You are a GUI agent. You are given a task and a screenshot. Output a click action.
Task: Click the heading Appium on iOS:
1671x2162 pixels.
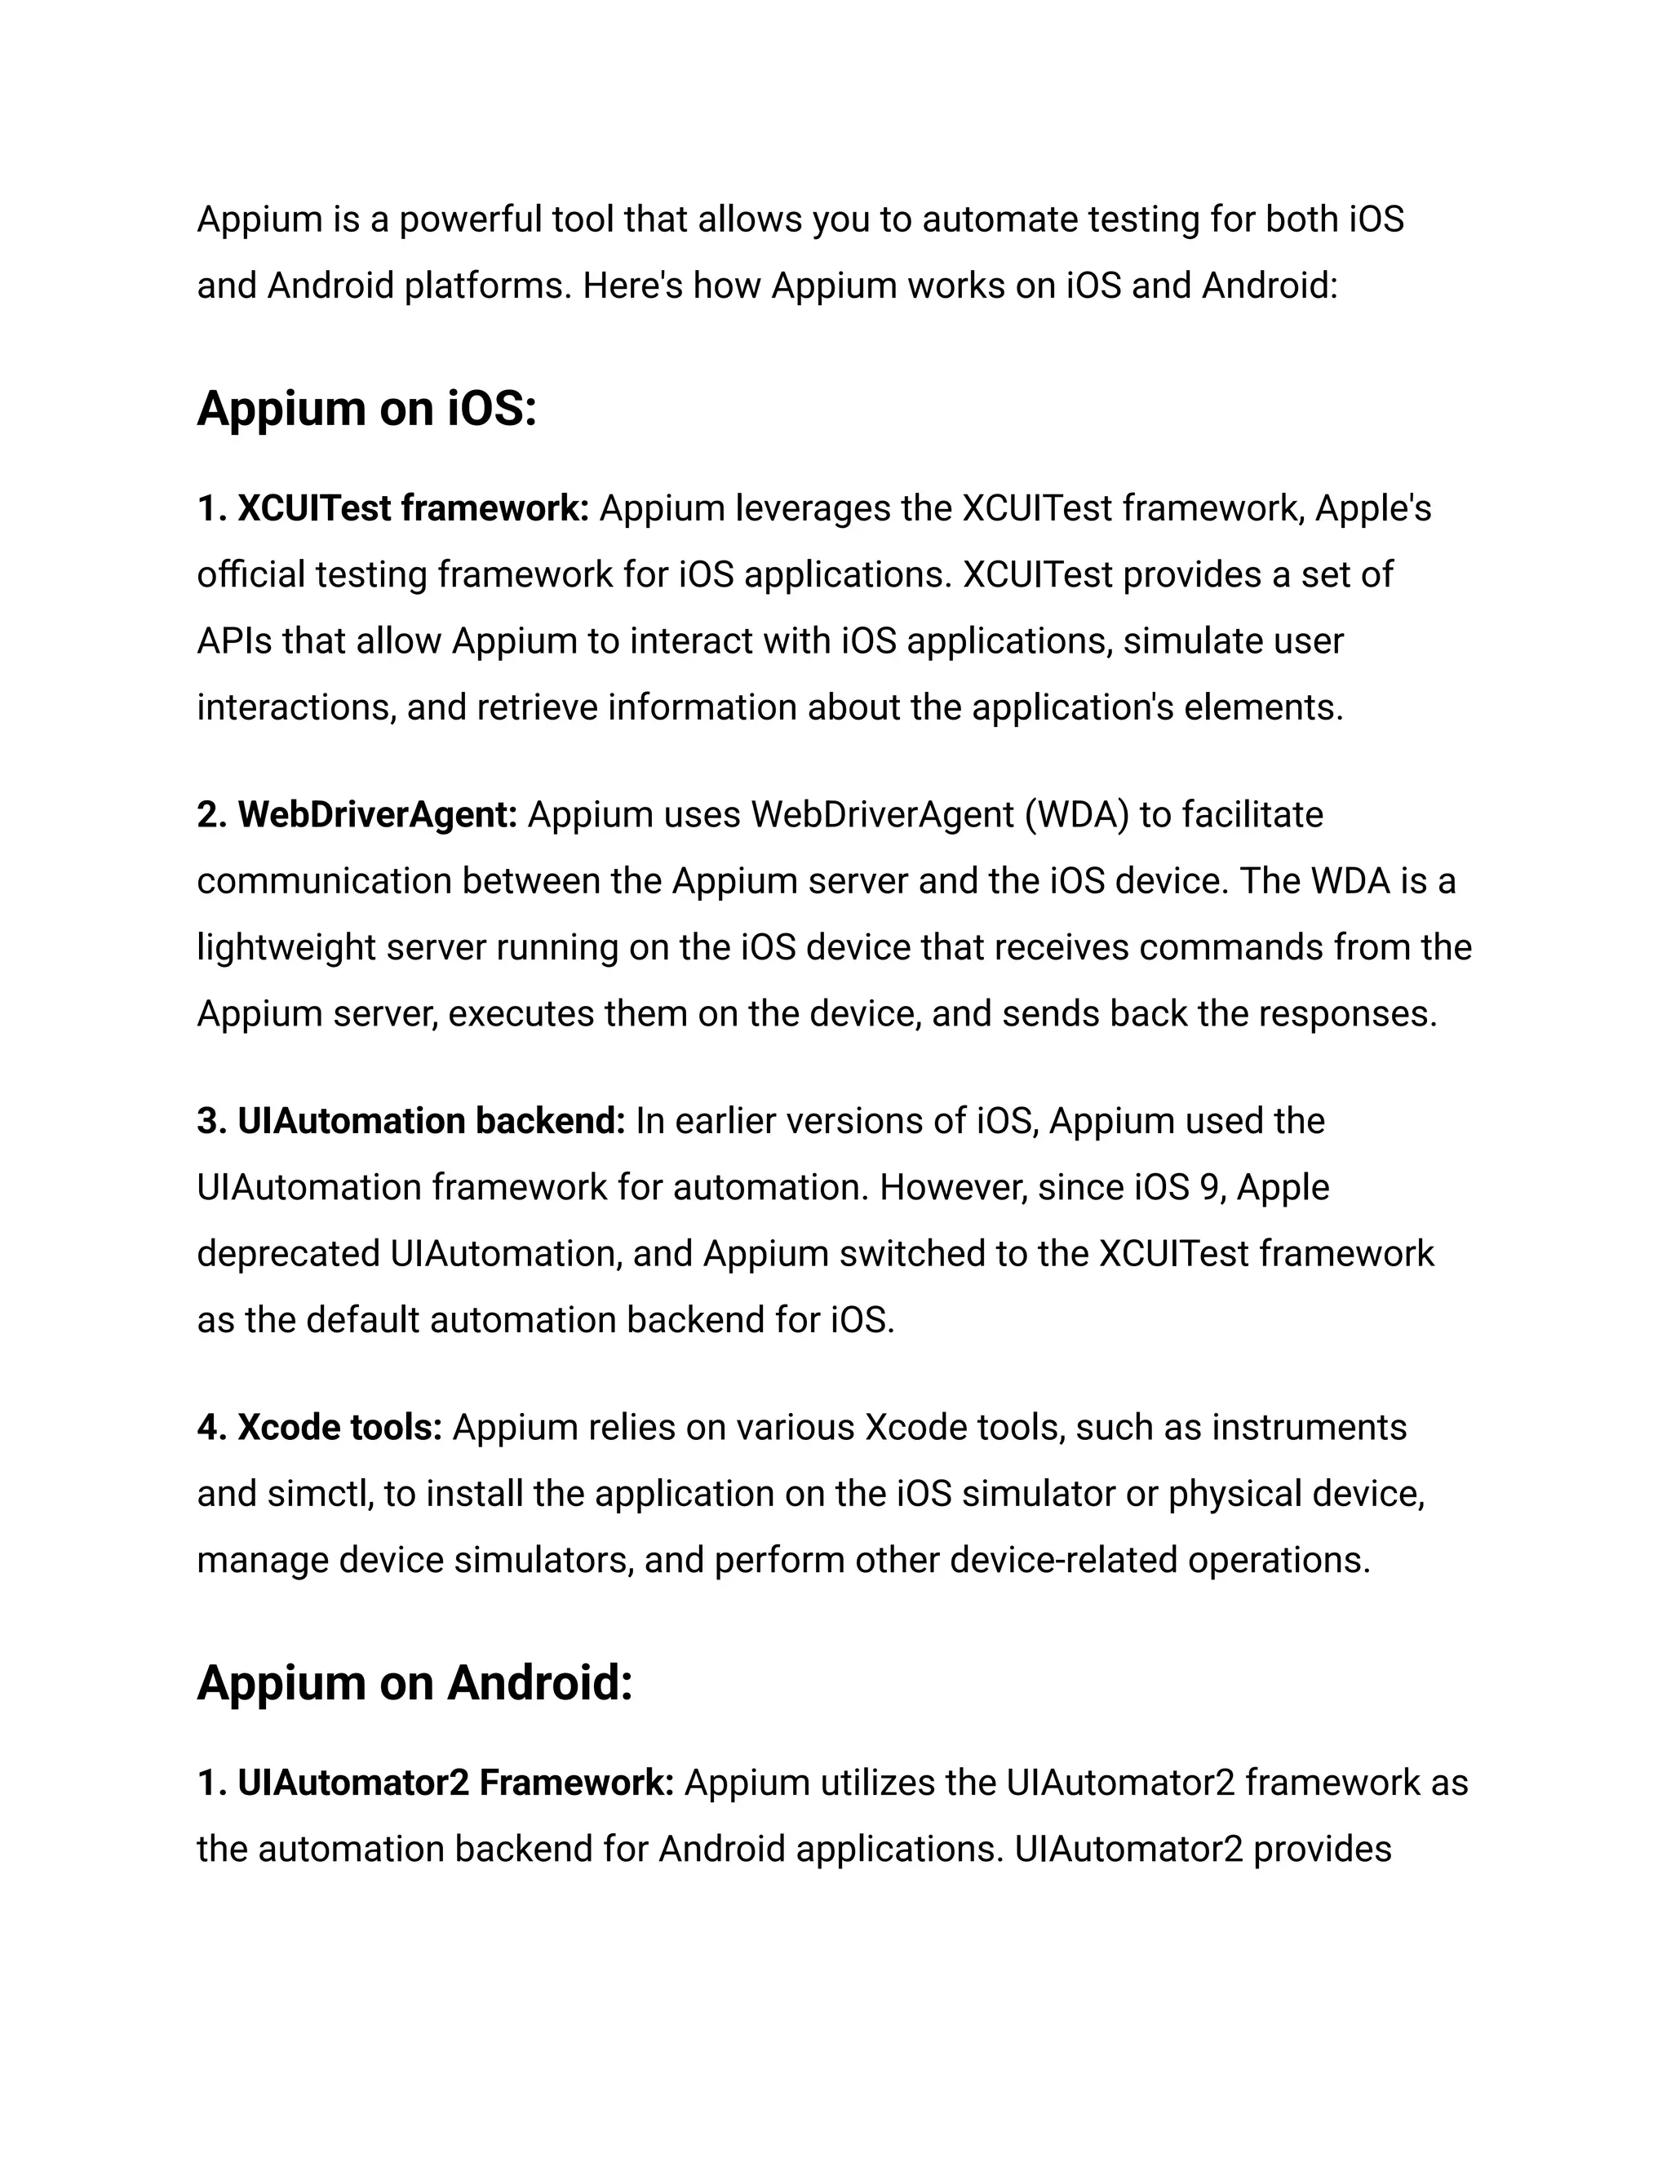[x=366, y=408]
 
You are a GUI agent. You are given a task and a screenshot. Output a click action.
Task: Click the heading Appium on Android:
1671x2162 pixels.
[x=414, y=1682]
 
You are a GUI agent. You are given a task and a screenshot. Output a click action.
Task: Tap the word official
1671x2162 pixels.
[x=251, y=574]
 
